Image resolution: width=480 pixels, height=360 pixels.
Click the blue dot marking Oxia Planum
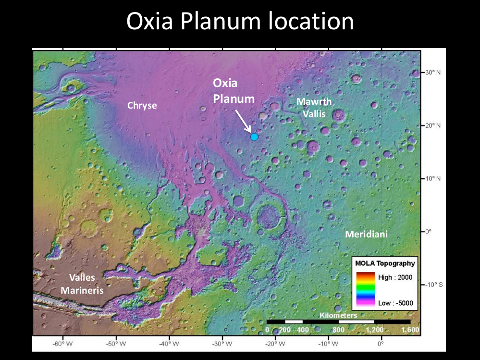coord(254,137)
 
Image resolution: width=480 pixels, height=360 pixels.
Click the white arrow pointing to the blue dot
coord(243,120)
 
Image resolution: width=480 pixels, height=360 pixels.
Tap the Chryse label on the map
coord(142,105)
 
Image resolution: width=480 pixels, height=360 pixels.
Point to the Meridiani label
coord(366,234)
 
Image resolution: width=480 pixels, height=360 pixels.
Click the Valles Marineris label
coord(82,284)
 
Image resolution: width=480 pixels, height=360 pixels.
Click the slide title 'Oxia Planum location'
coord(240,22)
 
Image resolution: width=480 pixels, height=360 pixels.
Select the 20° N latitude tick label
coord(433,125)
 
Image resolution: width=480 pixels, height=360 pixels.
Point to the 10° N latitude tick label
coord(433,178)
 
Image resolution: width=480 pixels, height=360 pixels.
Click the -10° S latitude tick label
coord(433,285)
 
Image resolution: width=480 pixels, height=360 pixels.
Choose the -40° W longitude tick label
coord(169,344)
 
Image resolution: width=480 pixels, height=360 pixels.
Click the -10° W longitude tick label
coord(329,344)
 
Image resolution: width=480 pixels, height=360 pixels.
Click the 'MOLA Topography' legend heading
coord(385,263)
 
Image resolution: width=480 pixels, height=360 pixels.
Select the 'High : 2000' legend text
coord(395,277)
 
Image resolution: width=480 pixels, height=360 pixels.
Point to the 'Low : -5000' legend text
coord(395,303)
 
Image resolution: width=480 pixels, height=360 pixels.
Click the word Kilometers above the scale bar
coord(338,315)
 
